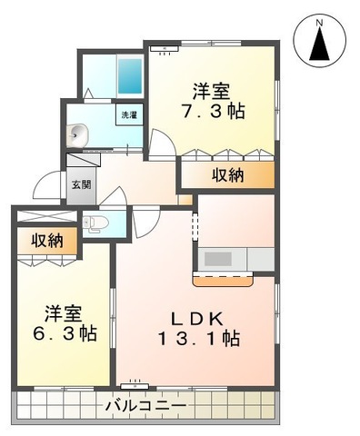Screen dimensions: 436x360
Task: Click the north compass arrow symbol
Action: click(x=319, y=44)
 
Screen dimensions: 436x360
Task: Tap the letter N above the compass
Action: click(x=319, y=17)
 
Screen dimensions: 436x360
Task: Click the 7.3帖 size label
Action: click(x=211, y=112)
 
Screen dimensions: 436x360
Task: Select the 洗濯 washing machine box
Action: click(x=128, y=115)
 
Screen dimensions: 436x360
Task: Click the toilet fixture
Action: click(x=95, y=223)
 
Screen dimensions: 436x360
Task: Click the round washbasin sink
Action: click(x=76, y=134)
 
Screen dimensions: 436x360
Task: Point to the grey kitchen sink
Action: click(x=217, y=259)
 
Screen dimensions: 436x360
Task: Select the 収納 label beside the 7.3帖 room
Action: click(x=227, y=175)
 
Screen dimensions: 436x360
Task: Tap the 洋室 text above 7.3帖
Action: click(x=210, y=91)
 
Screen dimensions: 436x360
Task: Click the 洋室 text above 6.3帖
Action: click(x=64, y=312)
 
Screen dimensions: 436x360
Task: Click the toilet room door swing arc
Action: click(x=116, y=198)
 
